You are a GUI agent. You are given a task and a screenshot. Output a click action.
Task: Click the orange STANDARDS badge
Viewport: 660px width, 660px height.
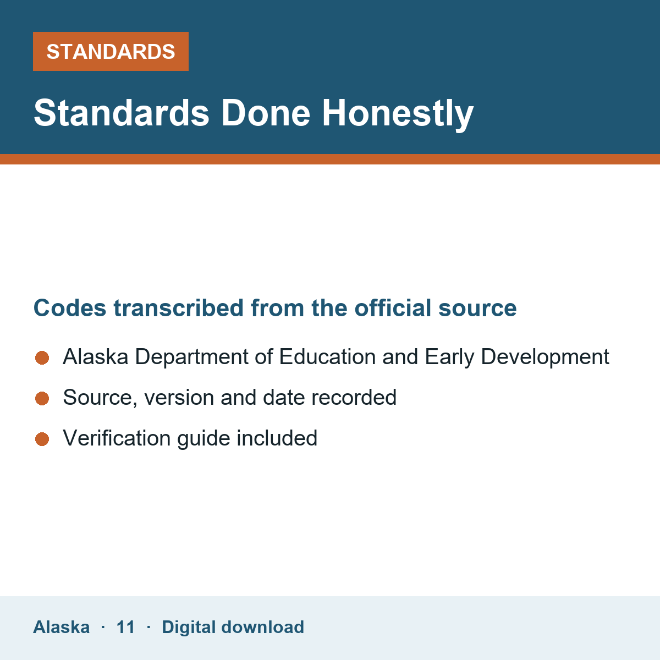111,51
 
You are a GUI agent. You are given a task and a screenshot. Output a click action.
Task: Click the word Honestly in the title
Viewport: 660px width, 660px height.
398,114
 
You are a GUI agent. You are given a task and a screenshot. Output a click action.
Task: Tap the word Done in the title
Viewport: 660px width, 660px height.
266,113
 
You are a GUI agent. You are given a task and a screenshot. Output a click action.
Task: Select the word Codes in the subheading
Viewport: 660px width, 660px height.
70,307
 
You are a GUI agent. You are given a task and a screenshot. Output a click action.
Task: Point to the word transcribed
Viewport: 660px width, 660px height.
178,307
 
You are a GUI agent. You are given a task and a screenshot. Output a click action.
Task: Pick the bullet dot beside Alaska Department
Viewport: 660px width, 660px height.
42,358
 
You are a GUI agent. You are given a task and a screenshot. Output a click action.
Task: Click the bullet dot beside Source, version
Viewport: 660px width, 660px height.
42,398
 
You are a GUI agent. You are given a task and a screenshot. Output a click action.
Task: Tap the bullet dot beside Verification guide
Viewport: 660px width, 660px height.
42,439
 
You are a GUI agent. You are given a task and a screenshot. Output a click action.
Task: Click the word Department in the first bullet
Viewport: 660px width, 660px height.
192,358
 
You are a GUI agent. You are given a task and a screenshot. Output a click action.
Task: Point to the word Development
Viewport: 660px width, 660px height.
545,358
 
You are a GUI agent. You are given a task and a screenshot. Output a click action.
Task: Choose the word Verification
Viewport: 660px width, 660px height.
117,438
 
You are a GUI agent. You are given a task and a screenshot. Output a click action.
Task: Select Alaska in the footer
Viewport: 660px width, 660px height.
61,627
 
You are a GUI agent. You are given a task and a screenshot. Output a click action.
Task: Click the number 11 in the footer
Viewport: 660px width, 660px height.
125,627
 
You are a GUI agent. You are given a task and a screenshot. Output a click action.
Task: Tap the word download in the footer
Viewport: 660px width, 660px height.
263,627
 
